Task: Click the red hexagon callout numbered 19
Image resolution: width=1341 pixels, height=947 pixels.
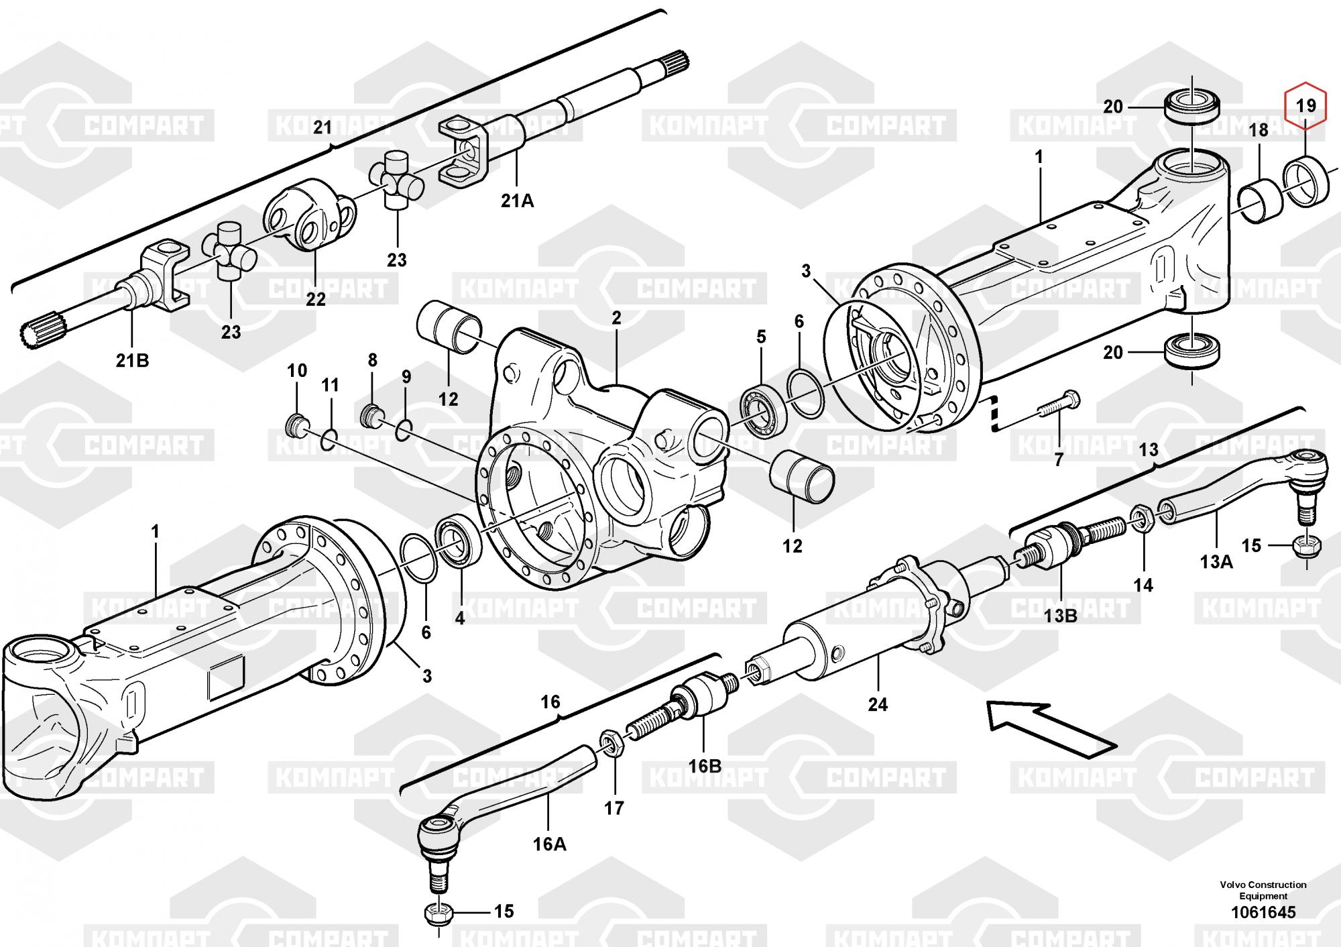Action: [1305, 105]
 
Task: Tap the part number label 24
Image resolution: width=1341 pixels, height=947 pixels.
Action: [878, 704]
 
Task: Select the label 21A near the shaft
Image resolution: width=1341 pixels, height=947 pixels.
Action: [518, 200]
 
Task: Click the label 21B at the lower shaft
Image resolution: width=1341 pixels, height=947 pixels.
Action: [132, 360]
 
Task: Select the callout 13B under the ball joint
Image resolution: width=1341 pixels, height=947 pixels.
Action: [1060, 615]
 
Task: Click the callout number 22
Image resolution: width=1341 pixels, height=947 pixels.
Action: [315, 299]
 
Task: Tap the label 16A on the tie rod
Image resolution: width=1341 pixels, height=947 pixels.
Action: [549, 844]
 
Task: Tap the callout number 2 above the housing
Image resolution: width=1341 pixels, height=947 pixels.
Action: [616, 317]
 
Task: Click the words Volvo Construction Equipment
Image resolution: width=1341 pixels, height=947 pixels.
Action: [1263, 890]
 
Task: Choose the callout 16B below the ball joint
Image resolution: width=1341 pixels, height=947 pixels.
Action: [705, 765]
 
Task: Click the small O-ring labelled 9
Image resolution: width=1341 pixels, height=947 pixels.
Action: [403, 429]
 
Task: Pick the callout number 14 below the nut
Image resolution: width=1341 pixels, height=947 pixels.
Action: [1143, 585]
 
